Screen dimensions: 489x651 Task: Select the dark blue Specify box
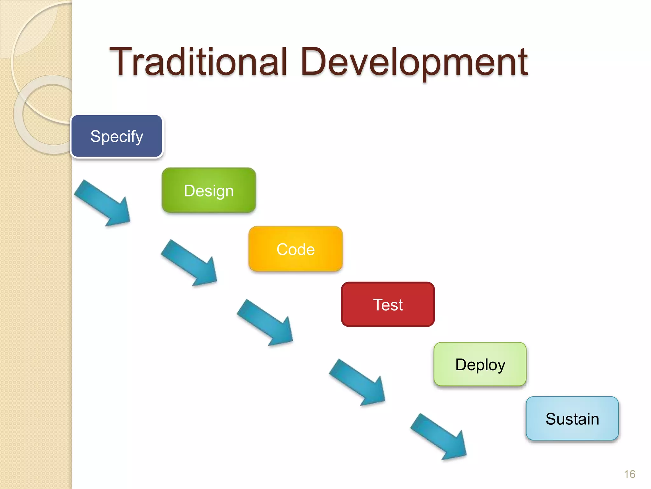coord(117,136)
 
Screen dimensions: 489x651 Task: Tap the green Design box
coord(209,190)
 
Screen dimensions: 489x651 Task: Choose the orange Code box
coord(296,249)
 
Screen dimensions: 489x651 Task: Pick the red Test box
coord(388,305)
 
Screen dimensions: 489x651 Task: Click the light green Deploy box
coord(480,364)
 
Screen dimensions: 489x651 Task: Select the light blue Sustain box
coord(572,419)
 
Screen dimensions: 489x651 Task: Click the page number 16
coord(629,474)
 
